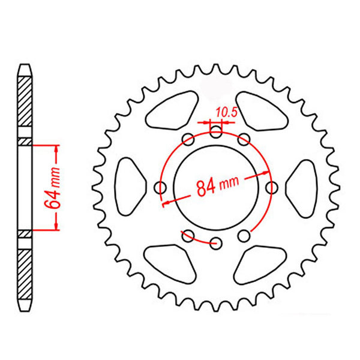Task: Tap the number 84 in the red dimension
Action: click(206, 188)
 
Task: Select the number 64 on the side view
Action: click(52, 200)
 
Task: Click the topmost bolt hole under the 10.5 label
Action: click(216, 132)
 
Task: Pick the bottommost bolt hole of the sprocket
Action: click(216, 243)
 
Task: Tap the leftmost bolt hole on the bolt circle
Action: click(160, 188)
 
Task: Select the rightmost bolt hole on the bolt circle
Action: click(272, 188)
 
